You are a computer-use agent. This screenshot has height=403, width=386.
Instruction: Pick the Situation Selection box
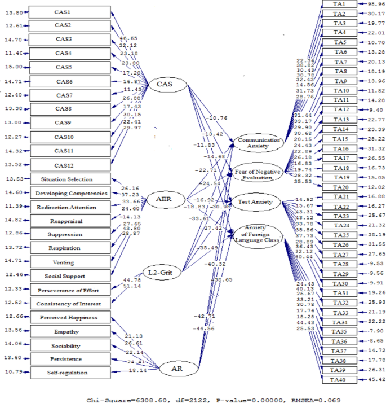click(67, 179)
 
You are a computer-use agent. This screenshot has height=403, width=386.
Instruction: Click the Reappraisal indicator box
click(67, 221)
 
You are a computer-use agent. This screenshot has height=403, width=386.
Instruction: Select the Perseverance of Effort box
click(67, 290)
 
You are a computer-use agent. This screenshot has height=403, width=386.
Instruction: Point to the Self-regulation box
click(67, 373)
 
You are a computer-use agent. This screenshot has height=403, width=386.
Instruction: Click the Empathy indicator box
click(67, 331)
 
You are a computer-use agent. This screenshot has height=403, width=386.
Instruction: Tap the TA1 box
click(340, 4)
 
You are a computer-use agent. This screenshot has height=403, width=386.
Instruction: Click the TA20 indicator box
click(340, 187)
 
